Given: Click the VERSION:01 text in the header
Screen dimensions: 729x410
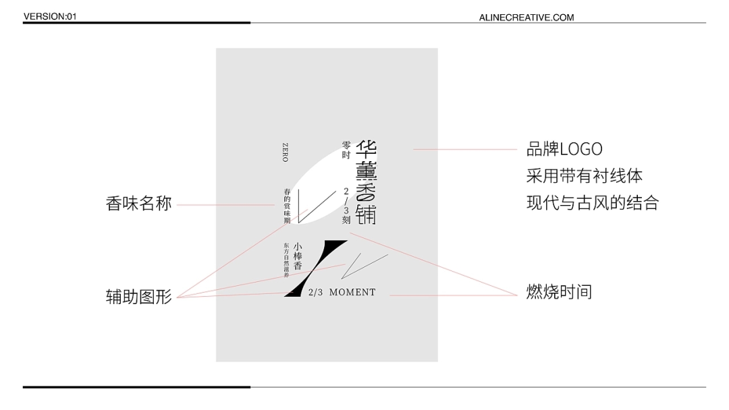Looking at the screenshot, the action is (x=50, y=16).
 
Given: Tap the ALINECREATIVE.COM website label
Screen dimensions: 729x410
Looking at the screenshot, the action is (x=526, y=18).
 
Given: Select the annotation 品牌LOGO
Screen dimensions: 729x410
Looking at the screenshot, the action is (x=564, y=149).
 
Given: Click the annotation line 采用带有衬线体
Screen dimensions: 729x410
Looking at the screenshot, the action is (x=585, y=176).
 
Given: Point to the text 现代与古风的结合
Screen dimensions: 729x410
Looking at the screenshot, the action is (x=592, y=203).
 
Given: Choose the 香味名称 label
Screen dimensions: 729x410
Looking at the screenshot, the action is (x=139, y=204).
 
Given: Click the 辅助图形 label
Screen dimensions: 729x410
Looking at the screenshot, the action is (x=139, y=296).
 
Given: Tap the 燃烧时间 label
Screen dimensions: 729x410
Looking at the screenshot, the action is (x=559, y=292).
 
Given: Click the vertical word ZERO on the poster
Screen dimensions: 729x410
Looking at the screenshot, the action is (x=285, y=152).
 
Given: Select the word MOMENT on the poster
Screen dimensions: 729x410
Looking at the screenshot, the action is (x=352, y=293).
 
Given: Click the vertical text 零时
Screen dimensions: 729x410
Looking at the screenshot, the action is (x=346, y=149).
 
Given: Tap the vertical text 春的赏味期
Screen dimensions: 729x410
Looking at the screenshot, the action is (x=287, y=206).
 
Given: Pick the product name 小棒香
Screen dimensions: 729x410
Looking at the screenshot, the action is (x=298, y=256).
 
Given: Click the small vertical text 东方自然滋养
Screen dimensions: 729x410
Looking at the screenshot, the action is (x=286, y=259).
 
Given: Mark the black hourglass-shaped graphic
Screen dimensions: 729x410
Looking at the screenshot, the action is (x=315, y=268).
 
